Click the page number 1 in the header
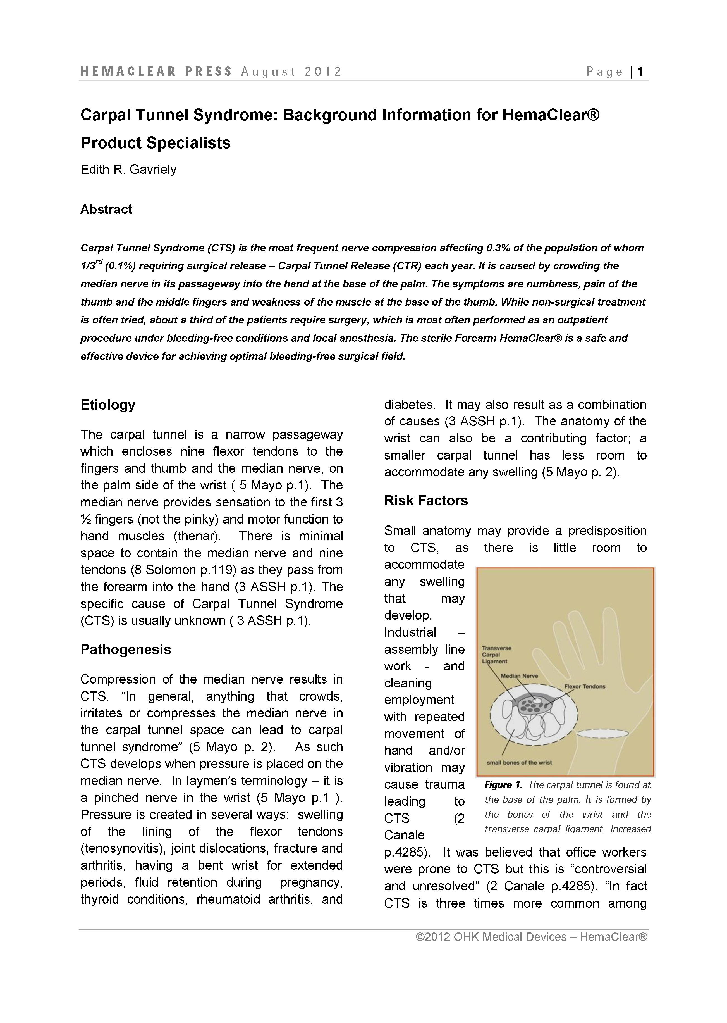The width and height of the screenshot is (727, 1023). [x=641, y=72]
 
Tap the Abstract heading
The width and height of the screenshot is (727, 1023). [x=106, y=209]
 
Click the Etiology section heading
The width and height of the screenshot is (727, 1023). [x=108, y=405]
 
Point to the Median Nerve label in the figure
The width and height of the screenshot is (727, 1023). [x=519, y=676]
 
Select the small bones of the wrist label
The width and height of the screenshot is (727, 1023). [x=519, y=762]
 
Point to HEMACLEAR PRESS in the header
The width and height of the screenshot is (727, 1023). [x=156, y=72]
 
